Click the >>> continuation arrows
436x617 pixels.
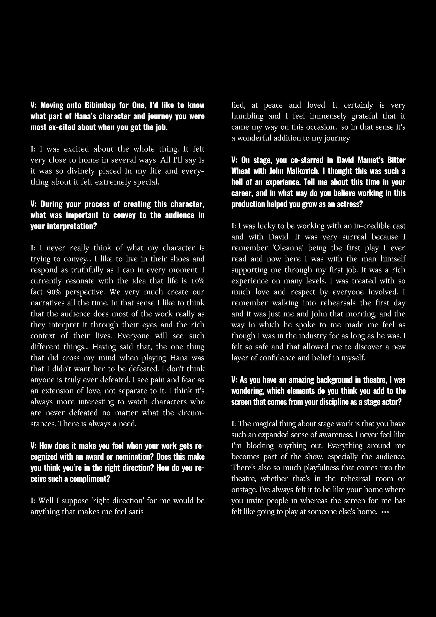385,512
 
